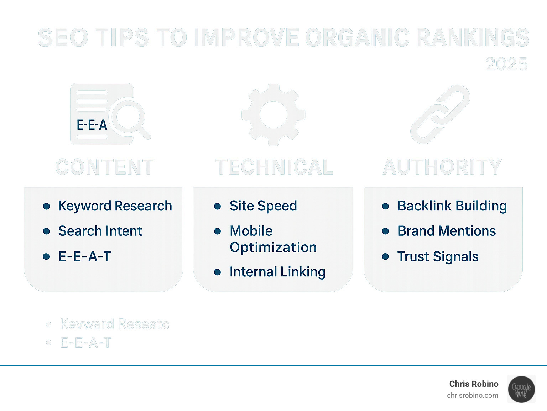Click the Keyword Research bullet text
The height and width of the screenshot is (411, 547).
115,206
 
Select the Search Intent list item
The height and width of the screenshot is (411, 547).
100,231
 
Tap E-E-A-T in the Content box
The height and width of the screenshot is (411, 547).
85,256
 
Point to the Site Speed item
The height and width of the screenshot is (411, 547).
263,206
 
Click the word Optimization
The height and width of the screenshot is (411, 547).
273,248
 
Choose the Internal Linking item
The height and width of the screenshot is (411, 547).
277,272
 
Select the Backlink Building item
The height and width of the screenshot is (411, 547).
452,206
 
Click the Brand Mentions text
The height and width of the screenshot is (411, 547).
447,231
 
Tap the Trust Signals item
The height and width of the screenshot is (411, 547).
438,257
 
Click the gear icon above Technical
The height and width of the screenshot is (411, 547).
273,114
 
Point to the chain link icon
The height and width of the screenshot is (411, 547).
441,114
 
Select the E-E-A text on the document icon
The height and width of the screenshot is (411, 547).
92,125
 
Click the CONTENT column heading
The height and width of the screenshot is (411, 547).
105,167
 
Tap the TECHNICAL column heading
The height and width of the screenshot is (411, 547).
274,167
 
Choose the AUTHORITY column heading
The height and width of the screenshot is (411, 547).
442,167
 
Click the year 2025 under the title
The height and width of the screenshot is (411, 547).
506,64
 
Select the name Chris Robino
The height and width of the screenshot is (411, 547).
474,384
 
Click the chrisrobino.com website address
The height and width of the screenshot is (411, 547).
473,395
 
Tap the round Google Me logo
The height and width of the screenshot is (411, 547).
521,389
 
